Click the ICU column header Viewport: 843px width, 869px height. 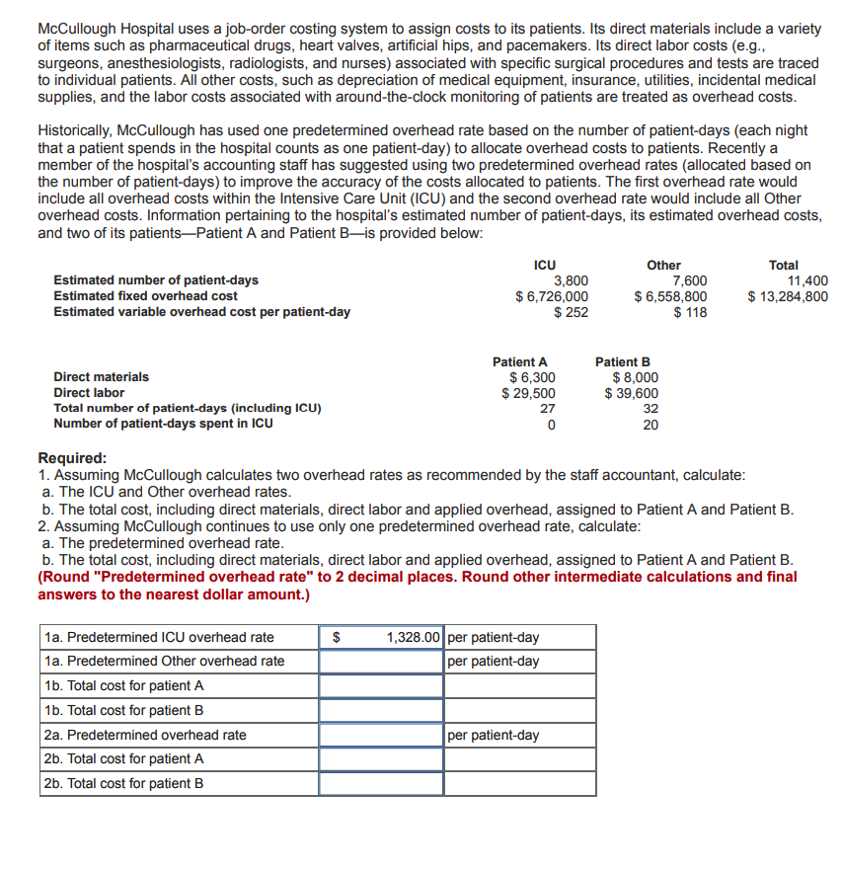pos(544,265)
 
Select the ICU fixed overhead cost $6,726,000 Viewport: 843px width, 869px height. pos(553,296)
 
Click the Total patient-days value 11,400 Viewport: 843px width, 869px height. pos(806,280)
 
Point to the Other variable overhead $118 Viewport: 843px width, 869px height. pos(690,312)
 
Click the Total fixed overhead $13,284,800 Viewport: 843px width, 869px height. pos(788,296)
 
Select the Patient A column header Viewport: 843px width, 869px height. pos(519,361)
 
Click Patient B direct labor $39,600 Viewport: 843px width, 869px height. pos(632,393)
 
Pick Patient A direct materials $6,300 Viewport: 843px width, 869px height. pos(532,377)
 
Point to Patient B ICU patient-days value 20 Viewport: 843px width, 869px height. pos(651,425)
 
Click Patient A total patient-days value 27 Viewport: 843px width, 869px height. pos(548,409)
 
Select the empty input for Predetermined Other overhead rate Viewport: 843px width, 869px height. pos(381,662)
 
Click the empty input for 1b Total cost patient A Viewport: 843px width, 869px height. pos(381,686)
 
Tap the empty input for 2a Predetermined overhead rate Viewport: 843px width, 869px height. pos(381,736)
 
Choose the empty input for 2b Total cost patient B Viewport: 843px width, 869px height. pos(381,784)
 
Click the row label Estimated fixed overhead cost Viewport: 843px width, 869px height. pos(145,296)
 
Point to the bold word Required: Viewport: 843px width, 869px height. pos(72,458)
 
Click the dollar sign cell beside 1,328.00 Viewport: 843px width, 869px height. pos(335,637)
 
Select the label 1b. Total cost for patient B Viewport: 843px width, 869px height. pos(124,711)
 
